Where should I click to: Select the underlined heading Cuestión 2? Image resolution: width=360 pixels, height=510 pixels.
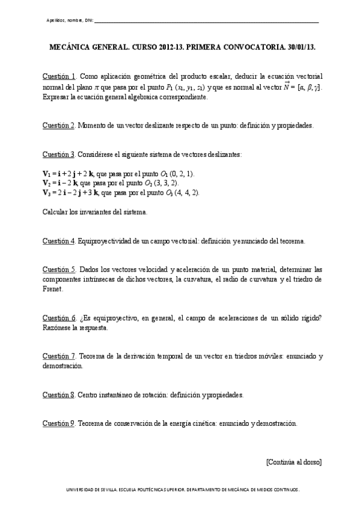pos(58,125)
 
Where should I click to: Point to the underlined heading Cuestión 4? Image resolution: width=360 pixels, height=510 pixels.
pos(58,241)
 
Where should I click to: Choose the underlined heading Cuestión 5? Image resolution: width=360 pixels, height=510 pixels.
pos(58,269)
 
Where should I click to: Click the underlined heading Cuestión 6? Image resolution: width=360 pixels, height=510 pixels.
pos(58,318)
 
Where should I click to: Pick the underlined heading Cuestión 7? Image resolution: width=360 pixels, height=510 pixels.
pos(58,356)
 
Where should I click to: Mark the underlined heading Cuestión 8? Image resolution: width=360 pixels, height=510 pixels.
pos(58,395)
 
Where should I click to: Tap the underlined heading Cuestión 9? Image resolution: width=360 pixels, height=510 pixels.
pos(58,423)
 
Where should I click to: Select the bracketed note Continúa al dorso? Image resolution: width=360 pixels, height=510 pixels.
pos(293,462)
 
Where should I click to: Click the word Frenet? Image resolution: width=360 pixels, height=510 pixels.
pos(53,289)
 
